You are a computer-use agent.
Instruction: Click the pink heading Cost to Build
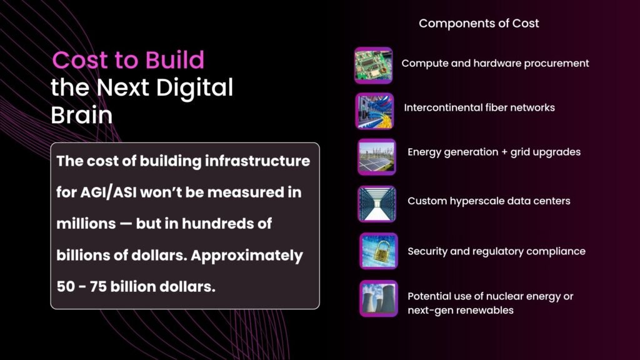click(127, 60)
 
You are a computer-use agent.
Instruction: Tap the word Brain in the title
click(82, 115)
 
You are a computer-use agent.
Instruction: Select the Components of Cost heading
click(479, 23)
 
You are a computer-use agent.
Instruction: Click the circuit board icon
click(374, 65)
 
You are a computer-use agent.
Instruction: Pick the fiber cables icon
click(375, 111)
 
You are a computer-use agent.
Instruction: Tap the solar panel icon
click(377, 157)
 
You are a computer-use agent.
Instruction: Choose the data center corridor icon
click(377, 204)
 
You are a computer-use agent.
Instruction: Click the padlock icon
click(378, 251)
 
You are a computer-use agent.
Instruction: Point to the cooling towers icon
click(378, 298)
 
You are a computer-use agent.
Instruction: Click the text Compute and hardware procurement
click(495, 63)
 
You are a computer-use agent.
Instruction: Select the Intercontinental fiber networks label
click(479, 107)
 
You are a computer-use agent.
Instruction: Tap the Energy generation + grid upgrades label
click(494, 152)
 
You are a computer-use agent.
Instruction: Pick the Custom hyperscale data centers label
click(489, 201)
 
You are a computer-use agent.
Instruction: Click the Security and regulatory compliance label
click(496, 251)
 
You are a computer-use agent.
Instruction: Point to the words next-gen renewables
click(461, 310)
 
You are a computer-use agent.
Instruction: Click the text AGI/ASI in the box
click(108, 192)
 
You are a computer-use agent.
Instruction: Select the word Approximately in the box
click(247, 256)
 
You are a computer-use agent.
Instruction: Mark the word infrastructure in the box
click(257, 161)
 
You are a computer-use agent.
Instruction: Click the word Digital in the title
click(194, 87)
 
